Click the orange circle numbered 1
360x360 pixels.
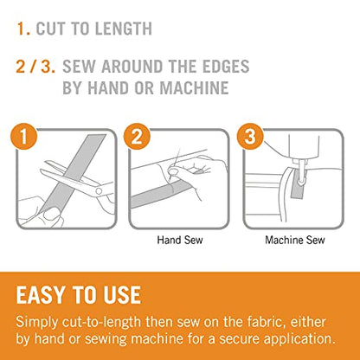click(23, 136)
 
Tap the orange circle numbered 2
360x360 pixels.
click(137, 136)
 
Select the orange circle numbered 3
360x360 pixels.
click(250, 136)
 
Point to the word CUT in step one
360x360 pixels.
click(51, 29)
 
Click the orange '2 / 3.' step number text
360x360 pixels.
click(35, 67)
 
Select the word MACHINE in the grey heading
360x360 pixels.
click(194, 87)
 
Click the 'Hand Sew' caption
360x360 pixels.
click(180, 240)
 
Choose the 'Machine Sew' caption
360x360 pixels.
click(295, 240)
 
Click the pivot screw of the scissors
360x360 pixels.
click(99, 191)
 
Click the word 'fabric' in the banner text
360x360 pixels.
click(267, 321)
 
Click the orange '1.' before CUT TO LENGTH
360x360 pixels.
click(23, 29)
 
